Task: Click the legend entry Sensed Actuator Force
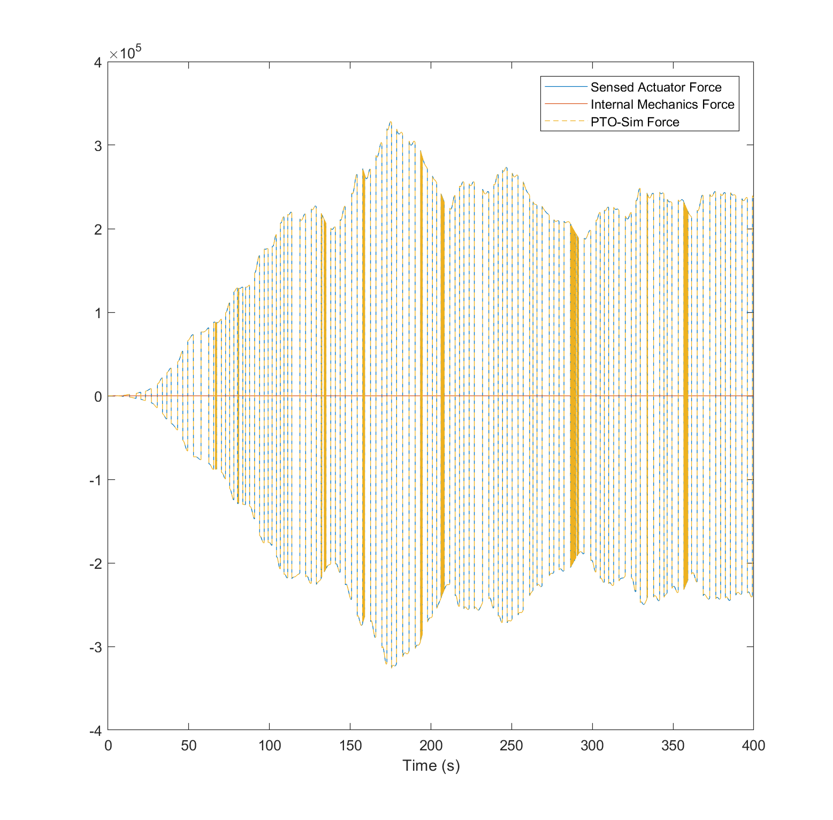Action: tap(655, 87)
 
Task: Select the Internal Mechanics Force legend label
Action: tap(662, 104)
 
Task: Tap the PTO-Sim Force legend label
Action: tap(635, 122)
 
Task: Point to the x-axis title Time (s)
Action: tap(431, 766)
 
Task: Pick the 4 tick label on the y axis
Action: tap(98, 62)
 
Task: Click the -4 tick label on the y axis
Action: tap(95, 731)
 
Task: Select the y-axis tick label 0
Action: tap(98, 396)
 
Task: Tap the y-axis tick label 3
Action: tap(98, 146)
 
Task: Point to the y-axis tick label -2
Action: tap(95, 563)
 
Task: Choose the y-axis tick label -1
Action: tap(95, 480)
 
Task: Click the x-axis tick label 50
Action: tap(188, 746)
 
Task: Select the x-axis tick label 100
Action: tap(269, 746)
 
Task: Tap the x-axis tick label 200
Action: tap(431, 746)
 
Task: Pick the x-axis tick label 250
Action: tap(511, 746)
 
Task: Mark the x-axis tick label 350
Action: tap(672, 746)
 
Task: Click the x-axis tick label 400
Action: tap(753, 746)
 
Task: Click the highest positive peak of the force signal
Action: tap(391, 122)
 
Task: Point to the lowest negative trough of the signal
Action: tap(392, 667)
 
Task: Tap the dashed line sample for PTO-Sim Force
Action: tap(565, 122)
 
